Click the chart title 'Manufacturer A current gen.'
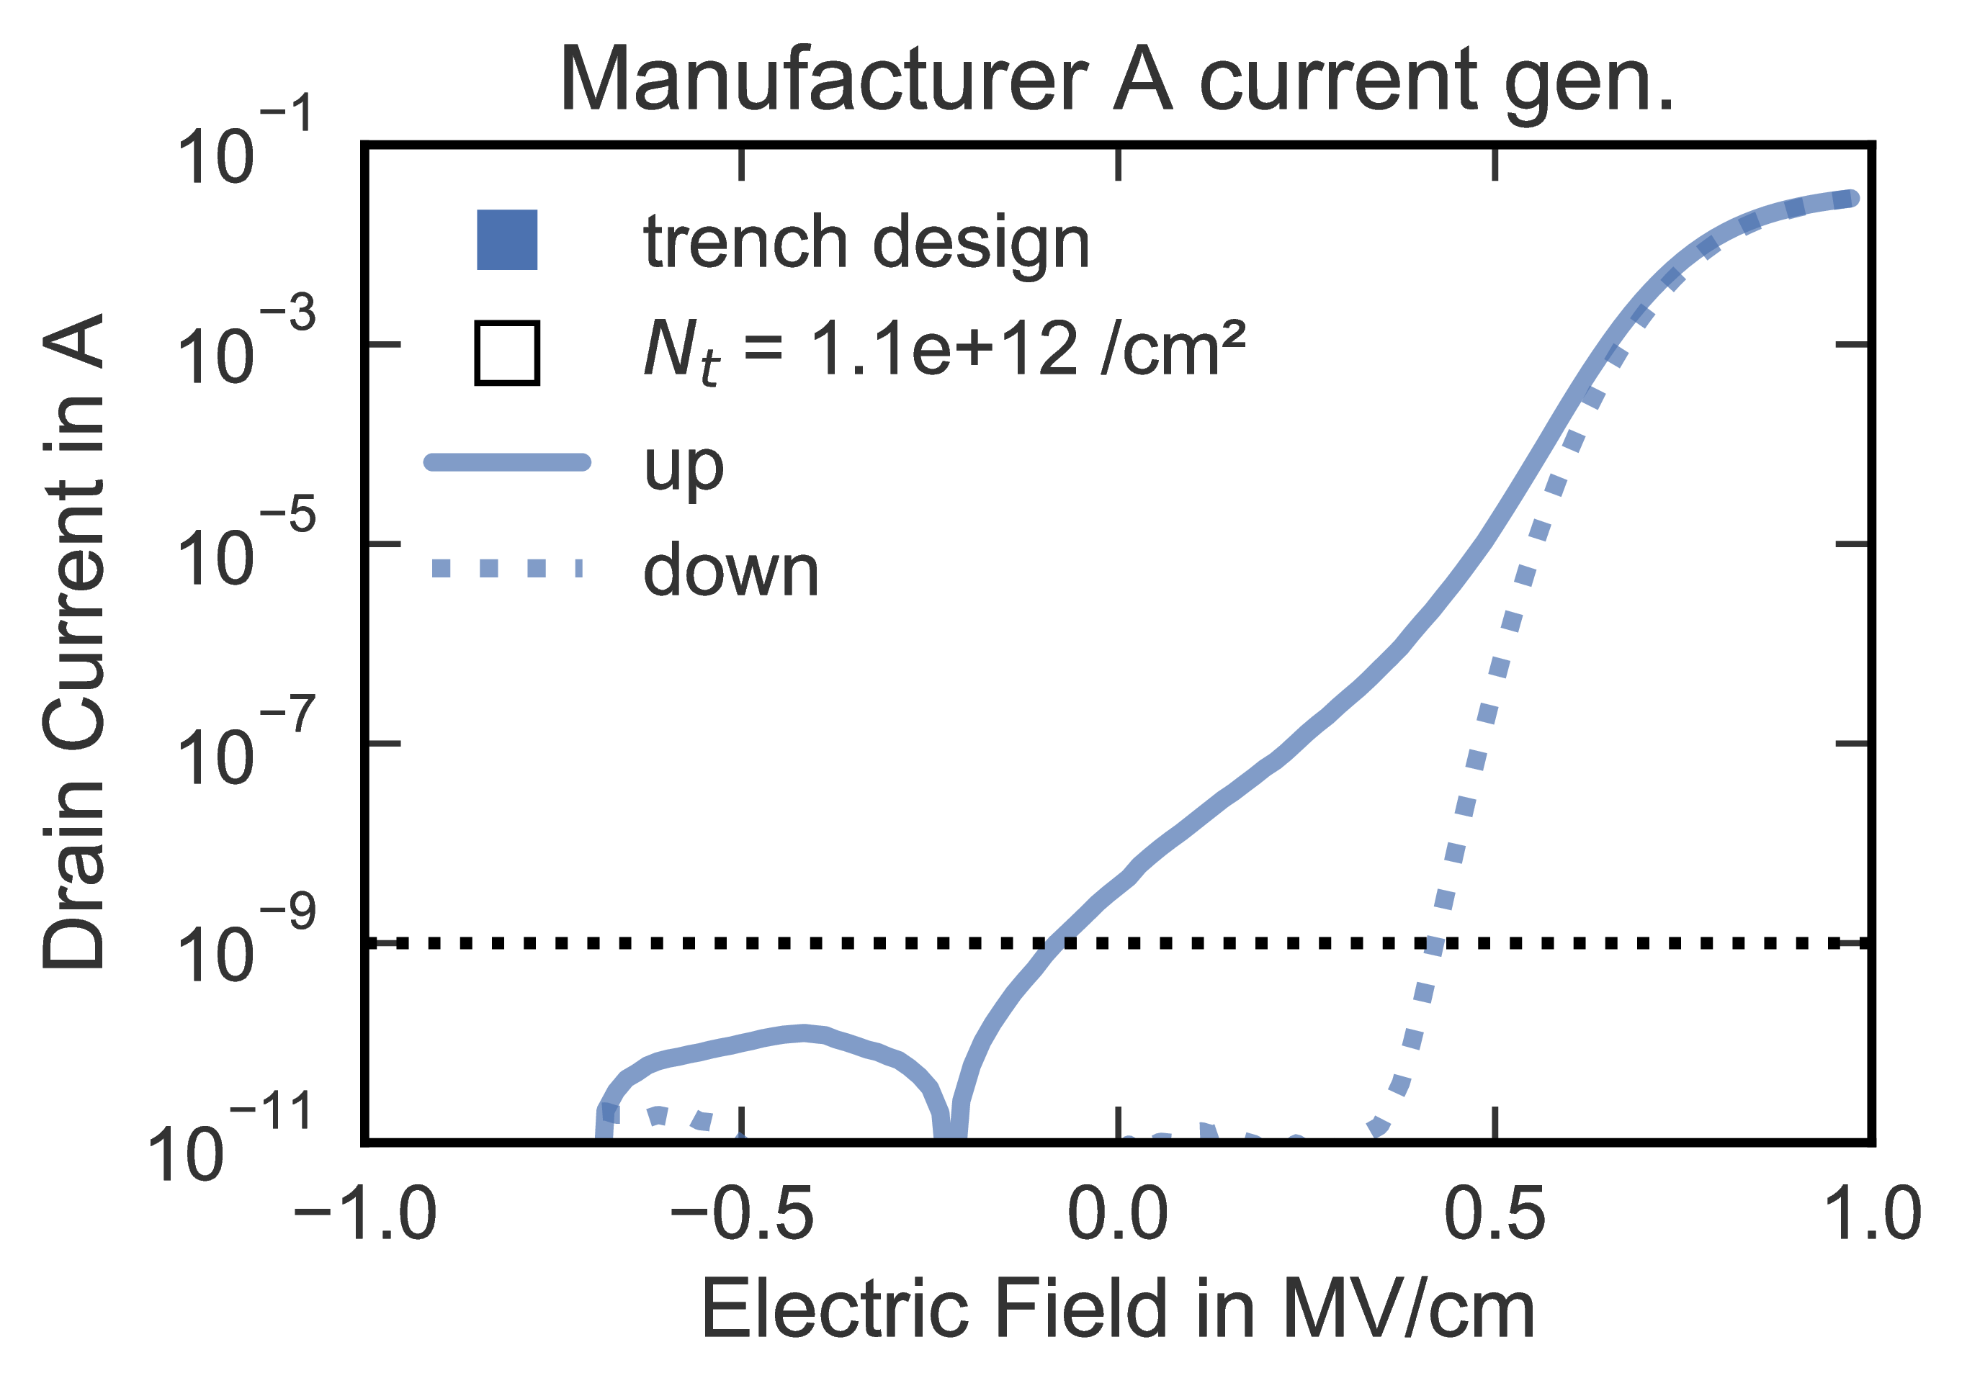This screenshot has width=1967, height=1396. pos(1118,81)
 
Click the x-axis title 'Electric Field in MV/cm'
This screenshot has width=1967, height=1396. pos(1118,1309)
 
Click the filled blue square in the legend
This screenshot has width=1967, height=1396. pos(507,240)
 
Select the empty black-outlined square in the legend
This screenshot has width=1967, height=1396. pos(507,353)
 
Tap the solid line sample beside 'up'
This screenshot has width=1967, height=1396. pos(507,462)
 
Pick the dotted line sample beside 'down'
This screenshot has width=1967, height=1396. pos(507,568)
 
